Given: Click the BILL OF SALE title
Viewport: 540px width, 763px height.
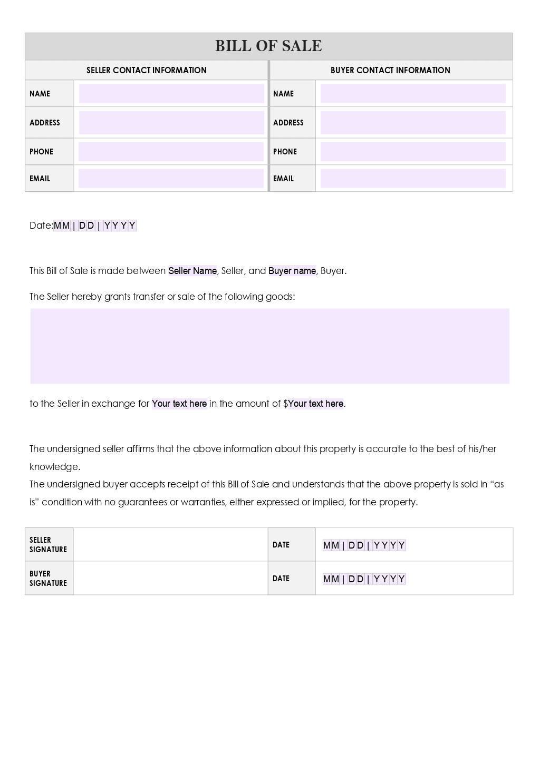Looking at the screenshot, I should [268, 46].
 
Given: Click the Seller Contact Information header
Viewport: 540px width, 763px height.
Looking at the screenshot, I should [147, 70].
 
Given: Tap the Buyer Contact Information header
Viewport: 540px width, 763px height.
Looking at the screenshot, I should [390, 70].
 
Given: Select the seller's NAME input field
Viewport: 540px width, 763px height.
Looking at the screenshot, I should [171, 94].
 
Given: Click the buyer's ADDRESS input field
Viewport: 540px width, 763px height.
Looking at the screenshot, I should [413, 123].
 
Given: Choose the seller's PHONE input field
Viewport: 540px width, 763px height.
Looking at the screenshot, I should [171, 152].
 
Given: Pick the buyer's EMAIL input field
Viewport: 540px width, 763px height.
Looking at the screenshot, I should [413, 179].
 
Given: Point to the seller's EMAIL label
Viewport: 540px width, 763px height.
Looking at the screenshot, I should [40, 179].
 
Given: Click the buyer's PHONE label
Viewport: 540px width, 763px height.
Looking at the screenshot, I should [285, 152].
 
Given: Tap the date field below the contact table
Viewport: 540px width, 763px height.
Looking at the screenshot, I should [95, 226].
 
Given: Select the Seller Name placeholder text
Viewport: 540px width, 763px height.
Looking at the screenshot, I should [192, 271].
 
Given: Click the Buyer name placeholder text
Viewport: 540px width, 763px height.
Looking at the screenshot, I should [292, 271].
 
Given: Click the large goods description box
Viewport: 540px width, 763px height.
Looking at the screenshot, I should [269, 346].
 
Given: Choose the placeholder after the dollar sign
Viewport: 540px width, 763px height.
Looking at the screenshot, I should [316, 404].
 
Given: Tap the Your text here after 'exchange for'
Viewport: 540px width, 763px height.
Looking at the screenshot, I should [179, 404].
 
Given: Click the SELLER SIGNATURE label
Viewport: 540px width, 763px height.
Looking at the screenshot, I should [48, 545].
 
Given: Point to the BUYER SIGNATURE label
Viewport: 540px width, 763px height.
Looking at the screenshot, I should [48, 579].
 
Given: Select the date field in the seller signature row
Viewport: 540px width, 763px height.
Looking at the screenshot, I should [364, 545].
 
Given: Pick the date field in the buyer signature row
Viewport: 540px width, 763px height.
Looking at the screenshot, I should [364, 579].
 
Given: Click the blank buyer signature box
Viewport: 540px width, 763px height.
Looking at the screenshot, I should [170, 579].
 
